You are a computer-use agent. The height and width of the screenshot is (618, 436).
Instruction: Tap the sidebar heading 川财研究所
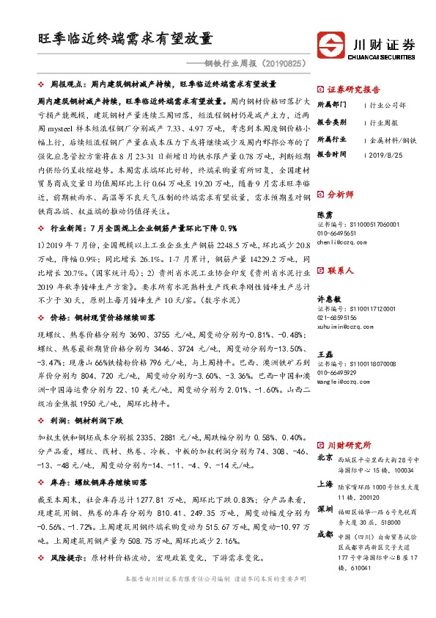pyautogui.click(x=349, y=446)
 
